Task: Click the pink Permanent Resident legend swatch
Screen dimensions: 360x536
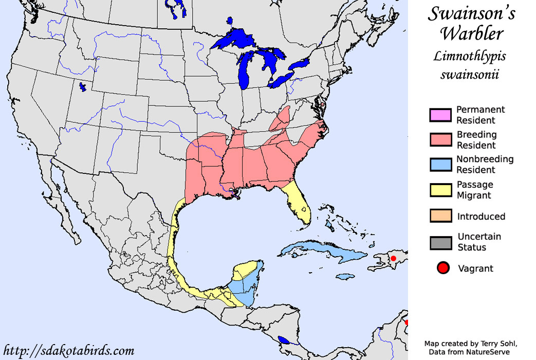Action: click(x=440, y=115)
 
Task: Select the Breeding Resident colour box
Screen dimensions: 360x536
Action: click(x=440, y=140)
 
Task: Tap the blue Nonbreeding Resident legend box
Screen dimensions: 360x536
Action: click(x=440, y=165)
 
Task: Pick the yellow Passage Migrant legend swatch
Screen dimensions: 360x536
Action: click(x=440, y=190)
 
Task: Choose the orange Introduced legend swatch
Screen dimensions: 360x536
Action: click(x=440, y=216)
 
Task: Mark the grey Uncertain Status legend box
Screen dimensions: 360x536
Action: click(x=440, y=242)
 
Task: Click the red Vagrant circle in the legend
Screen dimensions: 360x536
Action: click(x=443, y=268)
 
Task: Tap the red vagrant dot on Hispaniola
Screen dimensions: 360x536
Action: click(x=393, y=258)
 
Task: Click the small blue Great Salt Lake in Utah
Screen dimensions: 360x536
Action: click(x=82, y=87)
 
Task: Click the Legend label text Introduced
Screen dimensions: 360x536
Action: click(x=481, y=217)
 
